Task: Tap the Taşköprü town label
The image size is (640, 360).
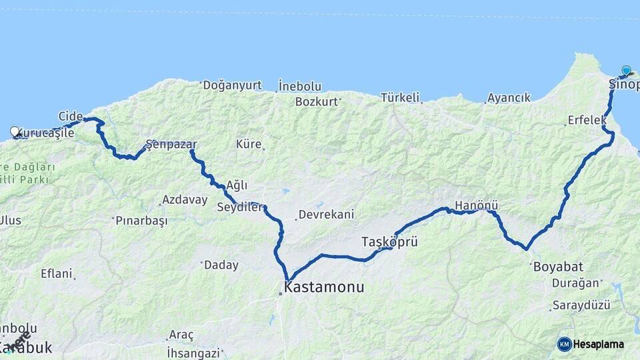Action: point(389,241)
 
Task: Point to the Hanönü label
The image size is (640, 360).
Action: point(476,205)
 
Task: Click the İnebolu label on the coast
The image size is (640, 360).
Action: point(300,86)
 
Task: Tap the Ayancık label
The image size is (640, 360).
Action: point(509,97)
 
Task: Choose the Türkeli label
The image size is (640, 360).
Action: point(400,97)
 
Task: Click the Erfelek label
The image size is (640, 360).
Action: point(587,120)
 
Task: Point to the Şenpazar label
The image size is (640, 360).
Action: point(172,144)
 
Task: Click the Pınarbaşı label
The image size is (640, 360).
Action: point(141,220)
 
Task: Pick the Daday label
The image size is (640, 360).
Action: point(221,265)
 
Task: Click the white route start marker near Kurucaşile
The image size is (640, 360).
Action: point(15,132)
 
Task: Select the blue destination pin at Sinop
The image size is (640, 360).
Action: point(626,71)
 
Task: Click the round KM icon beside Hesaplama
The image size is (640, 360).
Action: point(564,344)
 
